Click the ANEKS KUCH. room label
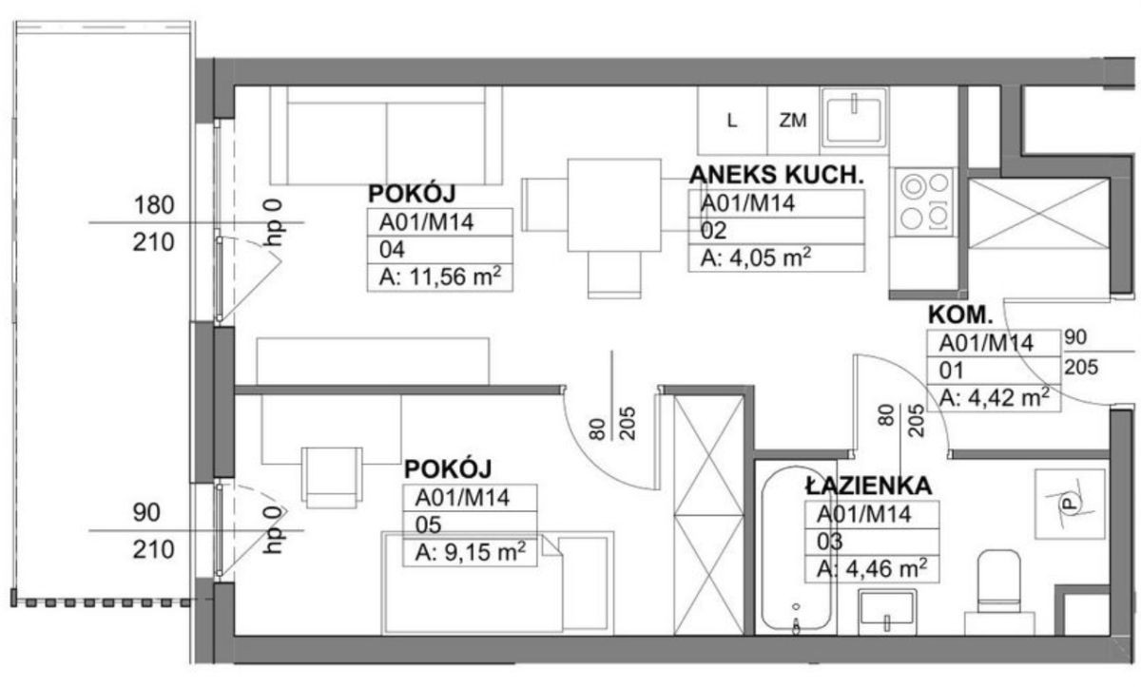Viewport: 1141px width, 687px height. [x=776, y=175]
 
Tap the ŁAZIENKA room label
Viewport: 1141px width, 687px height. [x=868, y=486]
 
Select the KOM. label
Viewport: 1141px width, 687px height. [x=960, y=315]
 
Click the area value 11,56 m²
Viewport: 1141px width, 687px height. [x=440, y=277]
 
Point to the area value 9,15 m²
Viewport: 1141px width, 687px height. [x=470, y=552]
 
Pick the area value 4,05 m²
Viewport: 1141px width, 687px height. [x=755, y=258]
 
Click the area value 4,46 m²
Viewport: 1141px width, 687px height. [x=872, y=568]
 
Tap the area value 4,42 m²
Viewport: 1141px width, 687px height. [x=995, y=397]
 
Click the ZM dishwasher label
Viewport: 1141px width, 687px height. [x=793, y=121]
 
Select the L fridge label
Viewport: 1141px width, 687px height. [x=732, y=121]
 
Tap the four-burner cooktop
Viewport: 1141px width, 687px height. [x=924, y=202]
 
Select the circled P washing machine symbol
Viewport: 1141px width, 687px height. [x=1070, y=504]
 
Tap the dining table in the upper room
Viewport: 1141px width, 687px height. [x=614, y=205]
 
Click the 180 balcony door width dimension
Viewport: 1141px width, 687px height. [x=154, y=205]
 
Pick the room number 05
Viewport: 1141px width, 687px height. [x=428, y=525]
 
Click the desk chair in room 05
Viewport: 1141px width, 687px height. [x=332, y=477]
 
